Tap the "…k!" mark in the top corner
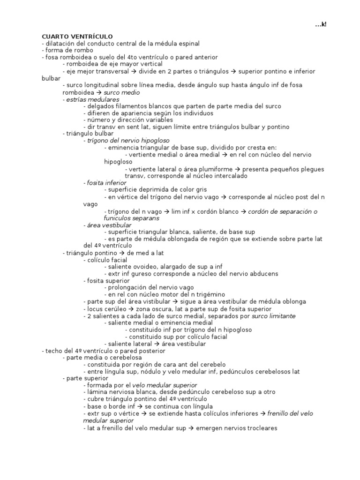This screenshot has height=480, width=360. (x=321, y=24)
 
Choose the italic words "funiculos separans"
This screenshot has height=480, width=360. (x=132, y=218)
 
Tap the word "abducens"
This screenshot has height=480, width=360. (x=262, y=274)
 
